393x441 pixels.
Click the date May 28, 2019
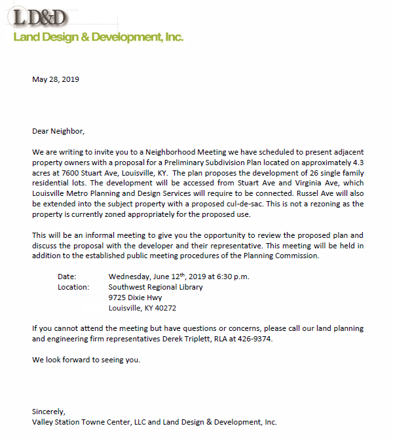click(x=56, y=79)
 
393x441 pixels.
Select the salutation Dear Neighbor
click(x=58, y=131)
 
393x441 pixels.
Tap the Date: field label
click(x=67, y=277)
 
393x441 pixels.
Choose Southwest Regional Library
click(x=156, y=287)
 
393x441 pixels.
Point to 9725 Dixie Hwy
click(x=136, y=297)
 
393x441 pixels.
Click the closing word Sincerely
click(x=48, y=412)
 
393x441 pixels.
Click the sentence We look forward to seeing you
click(x=86, y=360)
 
